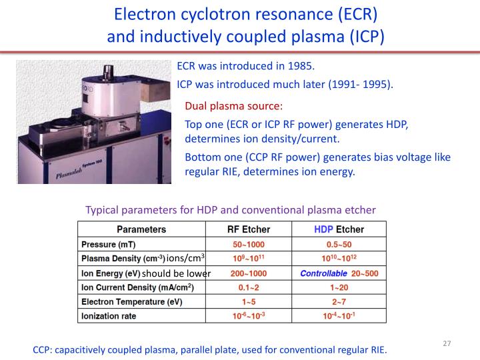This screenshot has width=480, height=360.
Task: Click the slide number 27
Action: (447, 343)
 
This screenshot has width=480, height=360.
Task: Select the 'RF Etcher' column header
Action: (249, 229)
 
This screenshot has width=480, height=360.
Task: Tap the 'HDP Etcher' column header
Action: (349, 229)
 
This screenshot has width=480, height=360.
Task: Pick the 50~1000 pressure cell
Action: (249, 243)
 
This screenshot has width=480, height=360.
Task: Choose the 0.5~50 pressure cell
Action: (349, 243)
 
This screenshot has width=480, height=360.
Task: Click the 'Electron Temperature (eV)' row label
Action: (132, 302)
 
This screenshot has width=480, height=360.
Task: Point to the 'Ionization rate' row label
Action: (109, 317)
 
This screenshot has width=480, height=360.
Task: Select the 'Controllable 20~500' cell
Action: (349, 273)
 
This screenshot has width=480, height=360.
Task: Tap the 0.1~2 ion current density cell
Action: (249, 287)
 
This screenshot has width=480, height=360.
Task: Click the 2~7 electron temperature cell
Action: (349, 302)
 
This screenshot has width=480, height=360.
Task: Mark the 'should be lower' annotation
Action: (176, 273)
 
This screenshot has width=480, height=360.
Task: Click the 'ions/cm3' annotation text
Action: (186, 258)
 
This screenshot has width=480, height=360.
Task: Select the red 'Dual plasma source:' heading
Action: (233, 106)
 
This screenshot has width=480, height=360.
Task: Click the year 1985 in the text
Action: (299, 67)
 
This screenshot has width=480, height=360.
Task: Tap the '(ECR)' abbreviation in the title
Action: (347, 13)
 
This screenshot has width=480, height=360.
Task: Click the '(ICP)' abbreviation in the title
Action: (363, 35)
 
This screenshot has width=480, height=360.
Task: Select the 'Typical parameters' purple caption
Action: (231, 210)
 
